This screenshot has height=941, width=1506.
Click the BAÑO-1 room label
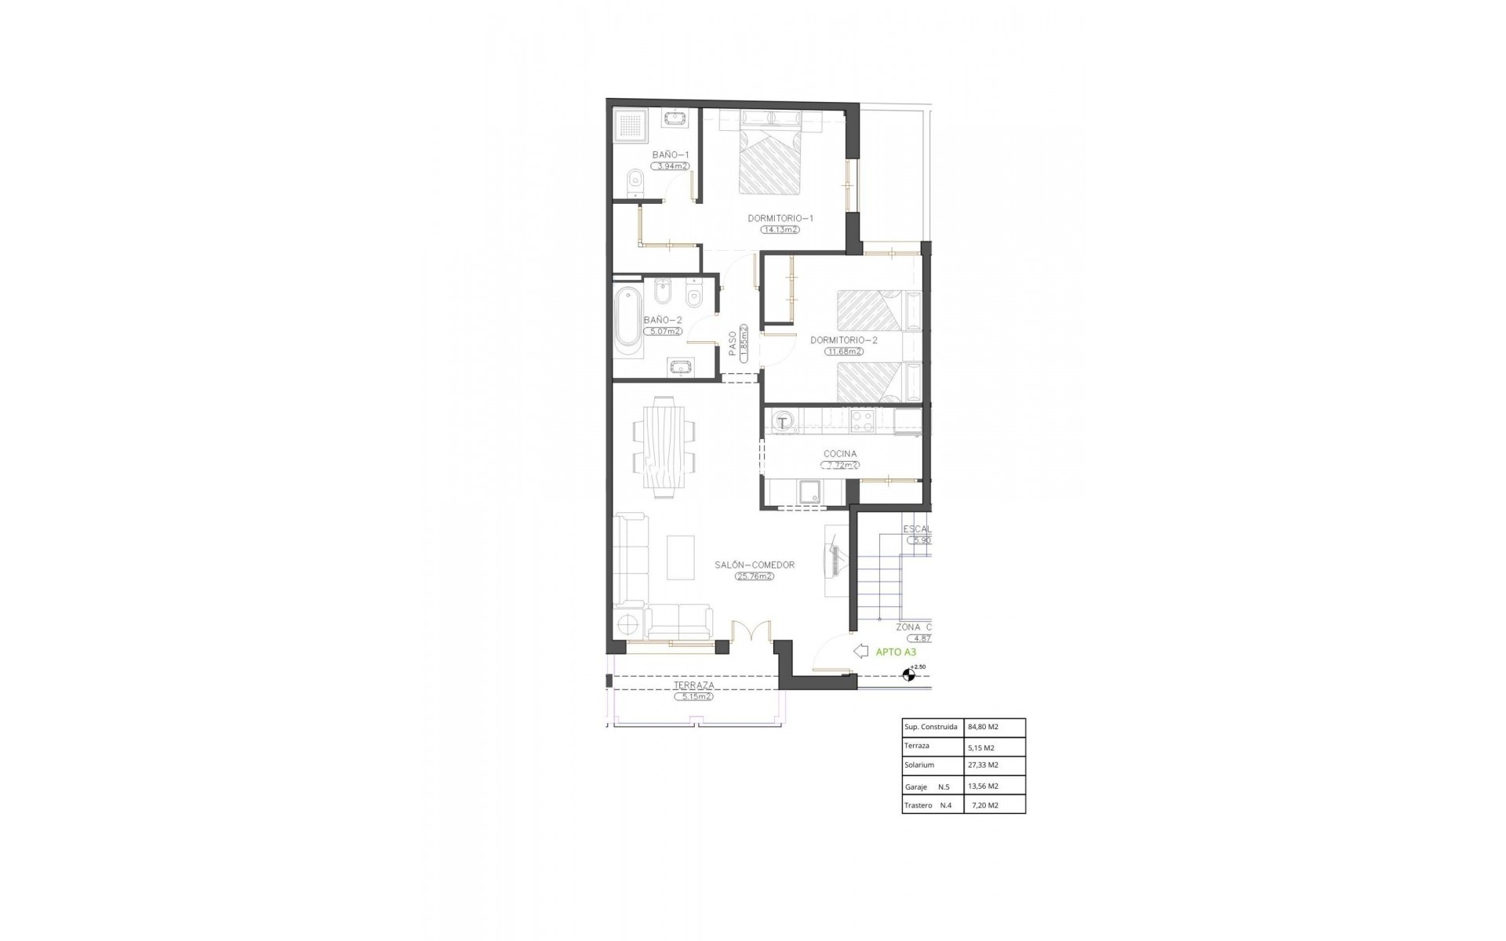671,154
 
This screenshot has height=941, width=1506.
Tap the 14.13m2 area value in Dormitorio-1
780,230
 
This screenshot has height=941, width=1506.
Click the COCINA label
840,453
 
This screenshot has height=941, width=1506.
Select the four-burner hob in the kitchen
862,421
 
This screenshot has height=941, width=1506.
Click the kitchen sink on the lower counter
809,492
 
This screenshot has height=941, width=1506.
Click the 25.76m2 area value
755,576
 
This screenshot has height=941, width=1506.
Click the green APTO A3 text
896,652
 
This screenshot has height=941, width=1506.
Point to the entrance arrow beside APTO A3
860,651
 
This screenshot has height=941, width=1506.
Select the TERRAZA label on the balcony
694,685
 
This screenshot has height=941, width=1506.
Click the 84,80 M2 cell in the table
983,727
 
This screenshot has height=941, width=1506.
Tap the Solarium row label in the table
919,765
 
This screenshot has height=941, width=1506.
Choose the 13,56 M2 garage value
983,787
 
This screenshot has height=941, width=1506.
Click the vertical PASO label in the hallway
733,343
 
